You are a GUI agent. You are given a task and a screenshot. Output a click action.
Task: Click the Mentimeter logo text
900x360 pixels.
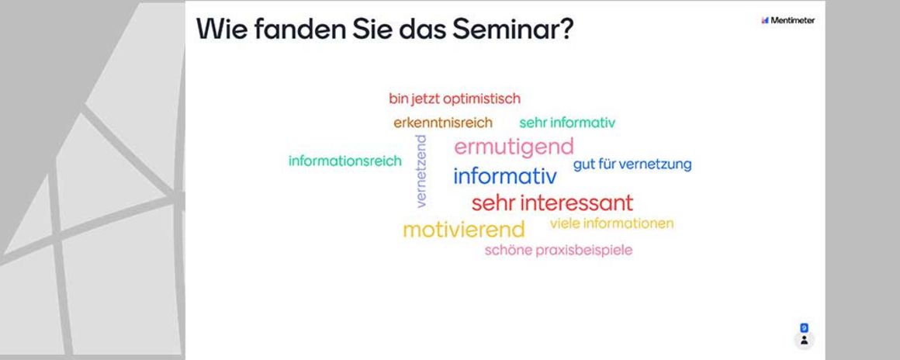[x=793, y=21]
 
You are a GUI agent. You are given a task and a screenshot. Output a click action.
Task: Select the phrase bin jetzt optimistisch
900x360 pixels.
[x=455, y=99]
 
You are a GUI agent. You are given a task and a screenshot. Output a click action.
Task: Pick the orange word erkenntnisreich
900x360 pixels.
[x=443, y=123]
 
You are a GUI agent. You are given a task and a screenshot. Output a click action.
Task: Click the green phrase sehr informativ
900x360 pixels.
[x=567, y=123]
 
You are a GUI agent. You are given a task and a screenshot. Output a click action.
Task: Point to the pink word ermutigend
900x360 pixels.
[x=514, y=147]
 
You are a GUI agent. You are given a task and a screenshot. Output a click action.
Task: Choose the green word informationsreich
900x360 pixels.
[x=345, y=161]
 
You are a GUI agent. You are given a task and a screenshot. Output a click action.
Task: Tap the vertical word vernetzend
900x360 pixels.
[x=421, y=171]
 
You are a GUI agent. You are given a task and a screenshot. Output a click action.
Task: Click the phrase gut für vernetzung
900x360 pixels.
[x=632, y=164]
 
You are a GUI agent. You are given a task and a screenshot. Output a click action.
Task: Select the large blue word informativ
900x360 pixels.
[x=505, y=176]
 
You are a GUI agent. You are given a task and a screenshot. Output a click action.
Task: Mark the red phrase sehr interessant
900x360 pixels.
[x=552, y=202]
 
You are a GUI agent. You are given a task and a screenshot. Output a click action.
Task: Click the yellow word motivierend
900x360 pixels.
[x=464, y=230]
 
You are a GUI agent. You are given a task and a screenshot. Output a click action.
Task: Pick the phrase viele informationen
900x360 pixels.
[x=612, y=223]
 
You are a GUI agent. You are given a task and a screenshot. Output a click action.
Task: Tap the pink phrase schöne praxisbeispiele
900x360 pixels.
[x=559, y=251]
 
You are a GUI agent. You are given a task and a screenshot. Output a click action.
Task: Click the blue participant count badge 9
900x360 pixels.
[x=804, y=328]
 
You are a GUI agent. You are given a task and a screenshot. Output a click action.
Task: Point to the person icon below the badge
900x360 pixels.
[x=804, y=341]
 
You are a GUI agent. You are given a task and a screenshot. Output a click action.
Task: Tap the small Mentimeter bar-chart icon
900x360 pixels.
[x=764, y=21]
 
